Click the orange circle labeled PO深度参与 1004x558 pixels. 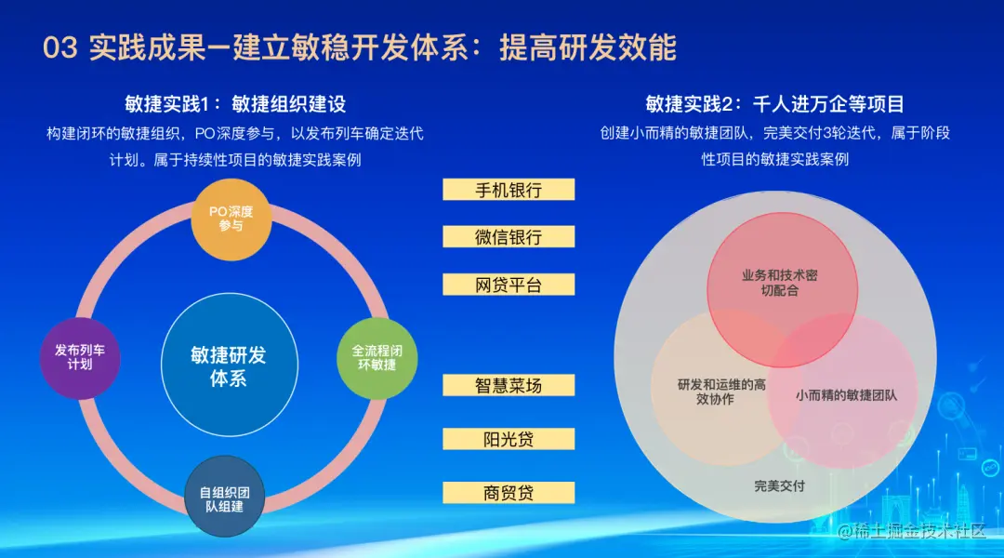pyautogui.click(x=231, y=219)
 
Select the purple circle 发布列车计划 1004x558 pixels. pyautogui.click(x=80, y=358)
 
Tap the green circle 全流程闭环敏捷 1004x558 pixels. pyautogui.click(x=377, y=358)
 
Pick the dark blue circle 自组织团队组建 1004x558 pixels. pyautogui.click(x=225, y=497)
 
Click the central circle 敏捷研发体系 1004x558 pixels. pyautogui.click(x=230, y=365)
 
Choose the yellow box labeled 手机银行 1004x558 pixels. pyautogui.click(x=509, y=190)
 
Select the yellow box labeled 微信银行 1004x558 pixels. pyautogui.click(x=509, y=237)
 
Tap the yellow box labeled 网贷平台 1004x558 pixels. pyautogui.click(x=509, y=285)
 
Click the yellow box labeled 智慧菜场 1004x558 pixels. pyautogui.click(x=509, y=385)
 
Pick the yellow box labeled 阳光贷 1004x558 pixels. pyautogui.click(x=509, y=439)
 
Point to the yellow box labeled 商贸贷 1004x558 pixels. pyautogui.click(x=509, y=493)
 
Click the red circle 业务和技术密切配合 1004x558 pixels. pyautogui.click(x=782, y=289)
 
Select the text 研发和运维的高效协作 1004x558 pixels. pyautogui.click(x=721, y=392)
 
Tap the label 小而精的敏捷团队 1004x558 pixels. pyautogui.click(x=847, y=395)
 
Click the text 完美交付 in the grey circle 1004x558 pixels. pyautogui.click(x=779, y=485)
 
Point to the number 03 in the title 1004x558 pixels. pyautogui.click(x=60, y=48)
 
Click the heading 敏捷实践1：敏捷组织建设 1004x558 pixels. pyautogui.click(x=235, y=104)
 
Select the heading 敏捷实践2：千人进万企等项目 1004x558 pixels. pyautogui.click(x=774, y=104)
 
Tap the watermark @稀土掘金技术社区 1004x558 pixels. pyautogui.click(x=912, y=530)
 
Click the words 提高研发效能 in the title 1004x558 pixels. pyautogui.click(x=588, y=47)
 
